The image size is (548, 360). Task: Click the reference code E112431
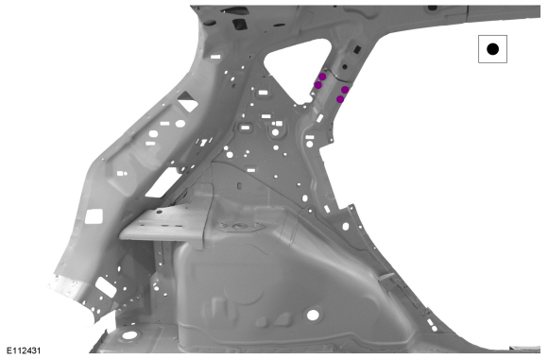point(24,351)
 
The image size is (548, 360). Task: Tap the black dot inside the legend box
point(492,49)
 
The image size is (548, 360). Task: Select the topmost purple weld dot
point(322,77)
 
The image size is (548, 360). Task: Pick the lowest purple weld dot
point(340,99)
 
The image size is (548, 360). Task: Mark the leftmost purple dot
point(317,85)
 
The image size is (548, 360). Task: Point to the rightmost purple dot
point(345,90)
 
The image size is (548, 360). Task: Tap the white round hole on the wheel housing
point(313,315)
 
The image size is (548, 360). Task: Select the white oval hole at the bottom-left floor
point(129,335)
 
